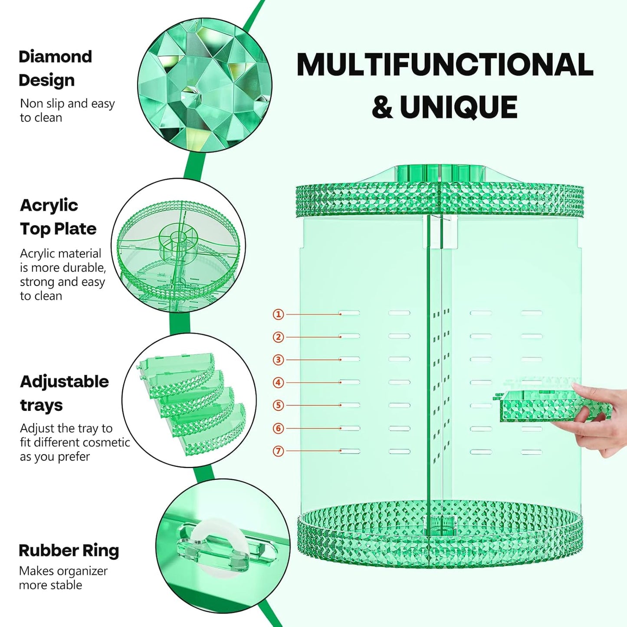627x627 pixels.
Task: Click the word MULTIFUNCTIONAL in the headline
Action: point(445,65)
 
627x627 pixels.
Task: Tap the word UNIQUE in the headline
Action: point(458,107)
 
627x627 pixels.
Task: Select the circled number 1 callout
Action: point(278,314)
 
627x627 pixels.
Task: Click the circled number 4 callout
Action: point(278,383)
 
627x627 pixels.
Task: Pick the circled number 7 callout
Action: point(278,451)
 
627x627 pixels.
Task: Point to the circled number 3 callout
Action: point(278,360)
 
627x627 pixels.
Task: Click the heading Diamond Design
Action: point(55,69)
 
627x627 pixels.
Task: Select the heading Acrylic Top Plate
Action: point(58,217)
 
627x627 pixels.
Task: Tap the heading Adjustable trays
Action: point(64,393)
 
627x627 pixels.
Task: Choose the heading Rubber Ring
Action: point(69,551)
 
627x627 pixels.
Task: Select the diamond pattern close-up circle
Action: point(205,85)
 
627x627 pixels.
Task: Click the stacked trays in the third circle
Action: point(191,401)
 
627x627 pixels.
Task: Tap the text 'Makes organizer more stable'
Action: point(63,578)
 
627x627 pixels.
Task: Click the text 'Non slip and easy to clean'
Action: point(67,110)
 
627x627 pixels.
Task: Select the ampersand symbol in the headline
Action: point(382,108)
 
